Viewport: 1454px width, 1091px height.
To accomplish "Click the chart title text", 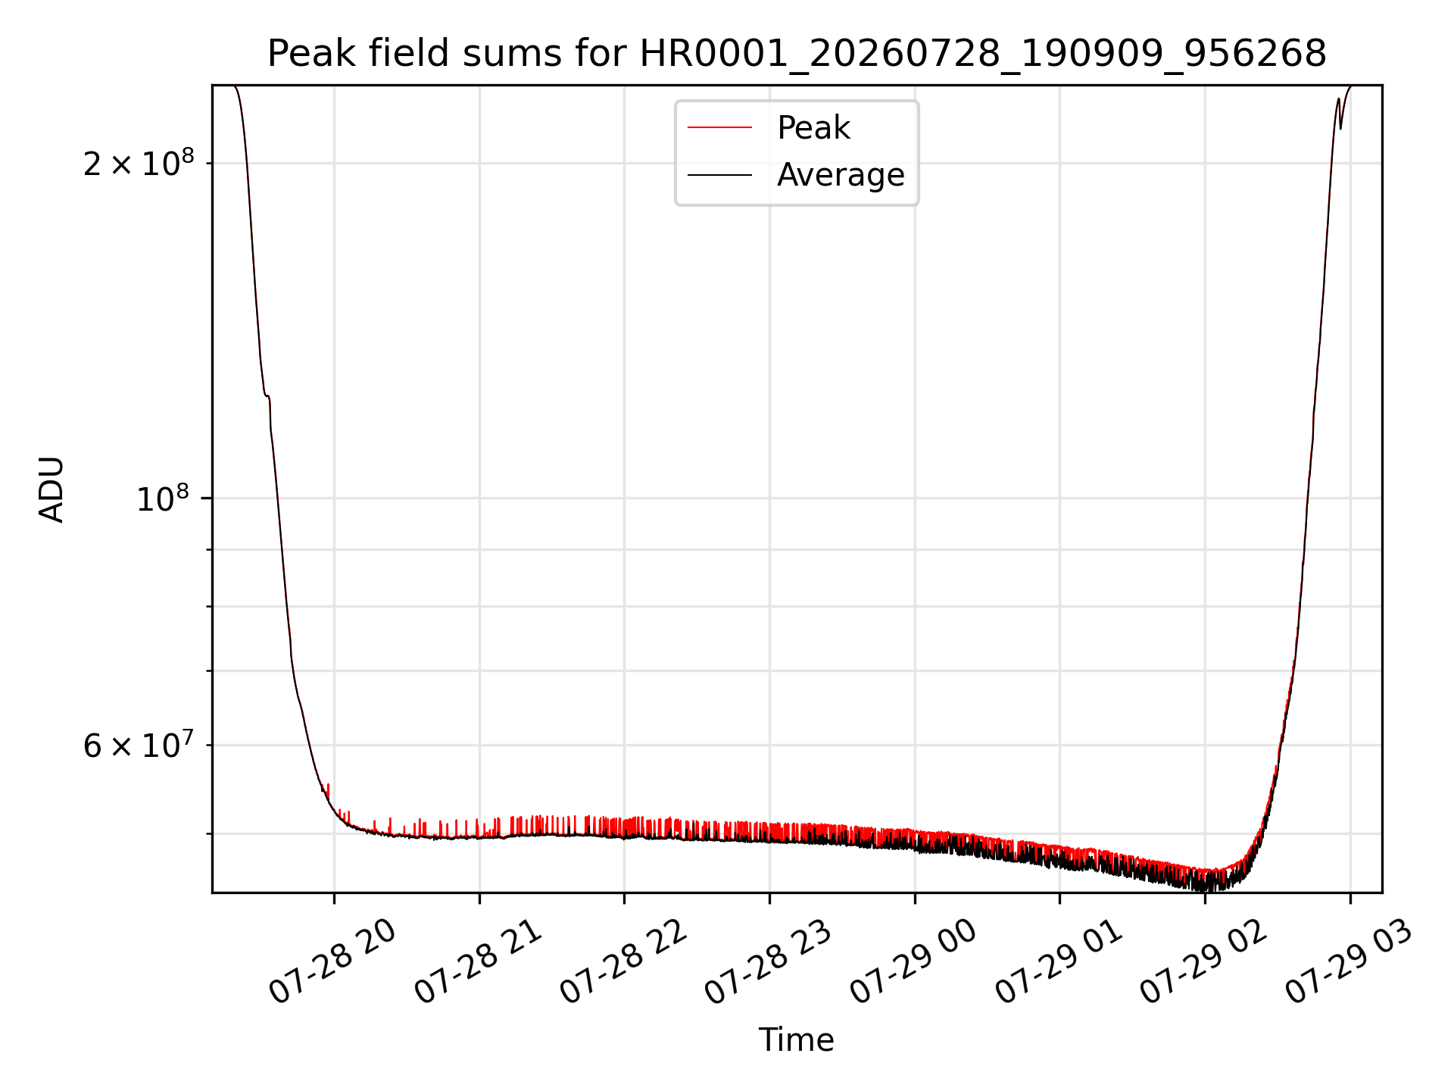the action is pos(797,54).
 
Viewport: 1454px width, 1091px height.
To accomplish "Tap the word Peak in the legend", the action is pos(813,128).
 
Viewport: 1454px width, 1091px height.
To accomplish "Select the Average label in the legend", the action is pos(841,175).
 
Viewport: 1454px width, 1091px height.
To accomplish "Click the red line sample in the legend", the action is pos(719,128).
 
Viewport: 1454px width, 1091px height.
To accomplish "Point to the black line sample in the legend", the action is pos(719,175).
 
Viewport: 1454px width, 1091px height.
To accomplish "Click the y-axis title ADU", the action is pos(51,489).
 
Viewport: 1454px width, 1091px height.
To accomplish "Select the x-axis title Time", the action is pos(797,1040).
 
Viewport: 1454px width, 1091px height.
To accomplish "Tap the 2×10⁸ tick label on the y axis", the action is pos(139,163).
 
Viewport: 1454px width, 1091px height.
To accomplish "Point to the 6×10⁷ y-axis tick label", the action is pos(139,746).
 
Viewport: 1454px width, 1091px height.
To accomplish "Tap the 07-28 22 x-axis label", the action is pos(623,962).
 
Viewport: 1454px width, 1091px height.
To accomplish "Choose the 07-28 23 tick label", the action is pos(769,962).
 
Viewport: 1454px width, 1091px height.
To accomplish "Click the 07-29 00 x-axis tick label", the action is pos(913,962).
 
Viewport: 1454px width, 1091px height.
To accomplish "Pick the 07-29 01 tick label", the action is pos(1059,962).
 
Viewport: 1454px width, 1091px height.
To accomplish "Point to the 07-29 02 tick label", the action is pos(1204,962).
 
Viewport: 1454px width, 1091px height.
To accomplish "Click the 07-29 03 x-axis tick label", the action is pos(1349,962).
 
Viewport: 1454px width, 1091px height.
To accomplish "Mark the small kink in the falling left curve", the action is pos(267,396).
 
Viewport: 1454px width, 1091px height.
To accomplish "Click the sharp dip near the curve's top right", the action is pos(1340,127).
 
